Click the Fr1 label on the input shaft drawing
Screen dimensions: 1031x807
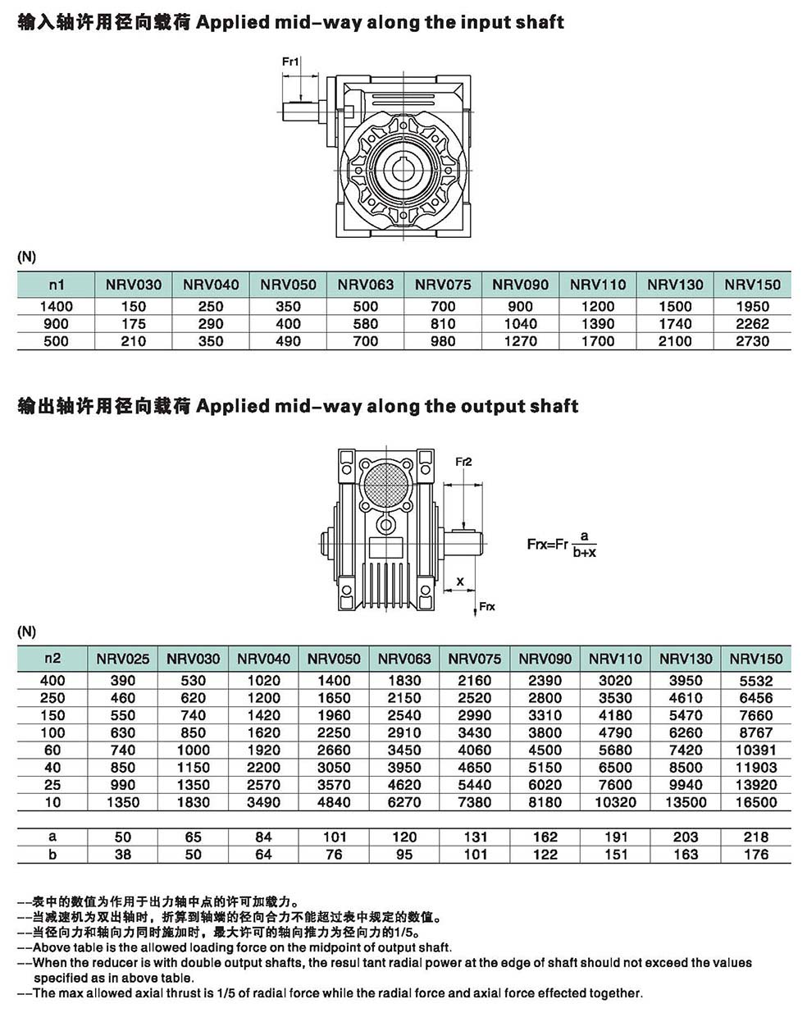[x=291, y=62]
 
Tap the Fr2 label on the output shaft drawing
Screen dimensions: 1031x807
[x=464, y=462]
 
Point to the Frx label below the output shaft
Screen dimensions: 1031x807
[x=487, y=606]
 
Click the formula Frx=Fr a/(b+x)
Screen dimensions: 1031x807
[x=562, y=544]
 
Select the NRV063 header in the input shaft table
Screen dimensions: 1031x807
[x=366, y=285]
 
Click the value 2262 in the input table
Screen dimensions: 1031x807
[x=752, y=324]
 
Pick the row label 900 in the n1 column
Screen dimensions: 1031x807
[x=56, y=324]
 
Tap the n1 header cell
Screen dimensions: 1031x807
[x=56, y=285]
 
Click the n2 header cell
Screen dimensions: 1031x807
[x=52, y=658]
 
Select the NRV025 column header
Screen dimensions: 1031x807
[x=123, y=658]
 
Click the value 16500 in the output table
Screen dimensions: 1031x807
[x=755, y=802]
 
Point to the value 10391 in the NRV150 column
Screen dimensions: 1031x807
[x=755, y=750]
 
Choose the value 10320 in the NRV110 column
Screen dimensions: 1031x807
[x=615, y=802]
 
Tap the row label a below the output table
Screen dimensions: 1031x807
[x=52, y=837]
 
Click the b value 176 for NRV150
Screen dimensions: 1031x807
[x=755, y=855]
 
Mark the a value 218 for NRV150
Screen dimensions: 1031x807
[x=755, y=837]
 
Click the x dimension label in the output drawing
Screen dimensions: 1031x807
[x=460, y=582]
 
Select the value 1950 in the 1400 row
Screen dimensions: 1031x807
[x=752, y=306]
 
